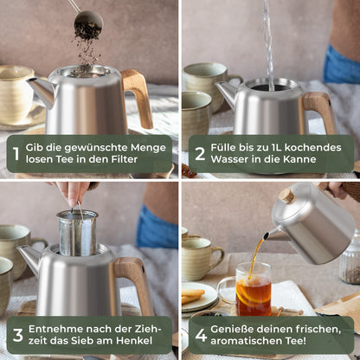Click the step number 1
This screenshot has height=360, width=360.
[15, 154]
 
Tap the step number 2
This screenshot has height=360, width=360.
[199, 154]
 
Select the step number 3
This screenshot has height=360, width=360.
[16, 335]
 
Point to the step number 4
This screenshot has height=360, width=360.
[200, 335]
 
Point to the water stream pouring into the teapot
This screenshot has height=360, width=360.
[268, 43]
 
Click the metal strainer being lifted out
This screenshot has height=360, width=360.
[77, 234]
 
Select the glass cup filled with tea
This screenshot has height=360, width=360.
[252, 289]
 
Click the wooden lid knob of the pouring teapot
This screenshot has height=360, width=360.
[286, 196]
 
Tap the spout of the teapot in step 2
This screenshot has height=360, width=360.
[226, 93]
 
